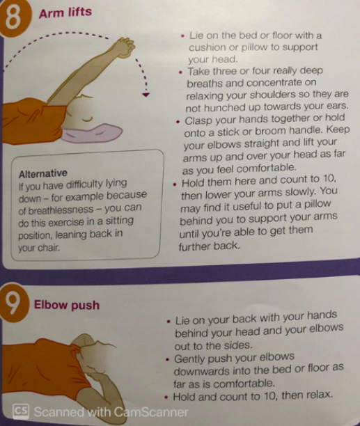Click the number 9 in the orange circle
[13, 303]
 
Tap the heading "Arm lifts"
[65, 13]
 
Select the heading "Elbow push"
[67, 305]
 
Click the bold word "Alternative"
[43, 173]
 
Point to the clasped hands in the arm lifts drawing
[125, 47]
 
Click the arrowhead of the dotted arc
[146, 95]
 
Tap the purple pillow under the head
[92, 132]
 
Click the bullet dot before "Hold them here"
[175, 184]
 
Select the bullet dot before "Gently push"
[167, 360]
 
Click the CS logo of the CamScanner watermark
[21, 411]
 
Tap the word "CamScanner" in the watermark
[151, 412]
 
